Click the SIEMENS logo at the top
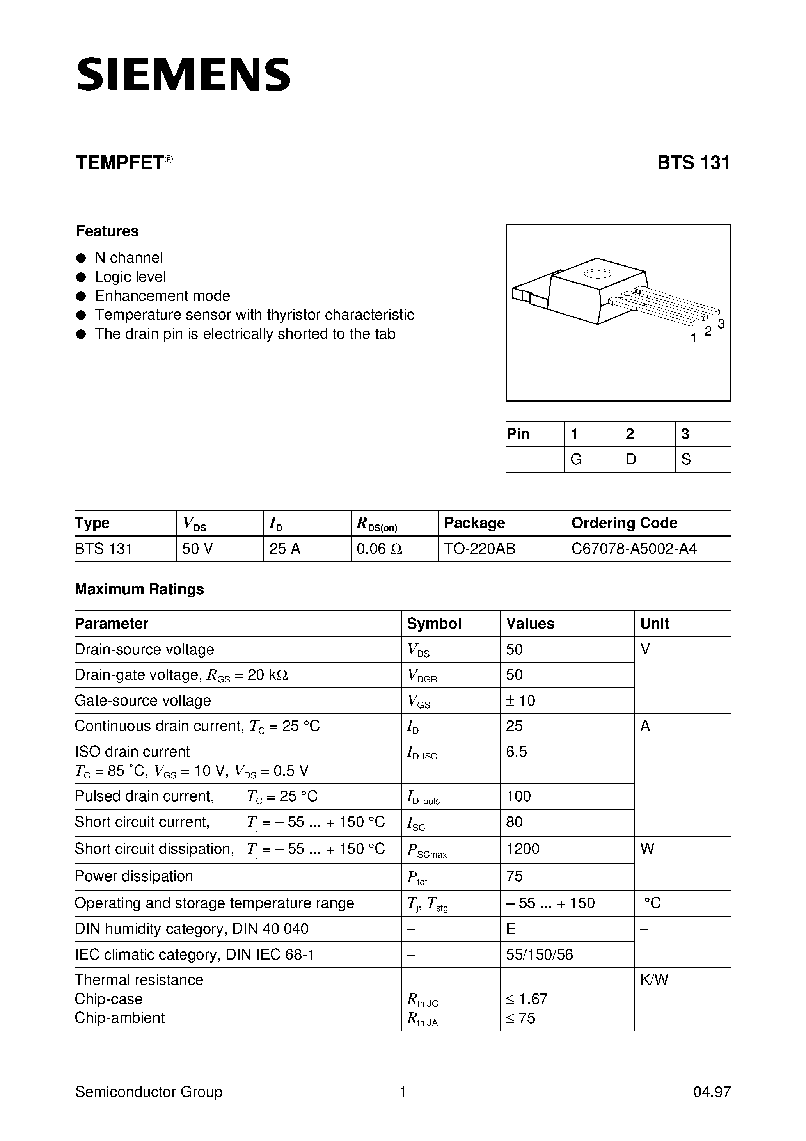(183, 75)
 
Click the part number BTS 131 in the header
(693, 163)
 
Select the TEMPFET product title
(120, 163)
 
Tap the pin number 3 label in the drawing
(721, 324)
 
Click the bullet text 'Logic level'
(130, 277)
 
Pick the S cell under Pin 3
(686, 460)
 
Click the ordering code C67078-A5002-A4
(634, 549)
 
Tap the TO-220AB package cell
(479, 549)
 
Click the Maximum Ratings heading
(139, 589)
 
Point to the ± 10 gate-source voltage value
(520, 701)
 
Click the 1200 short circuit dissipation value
(522, 849)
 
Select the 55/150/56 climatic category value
(539, 954)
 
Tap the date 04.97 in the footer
(712, 1092)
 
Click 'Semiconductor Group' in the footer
(149, 1092)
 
